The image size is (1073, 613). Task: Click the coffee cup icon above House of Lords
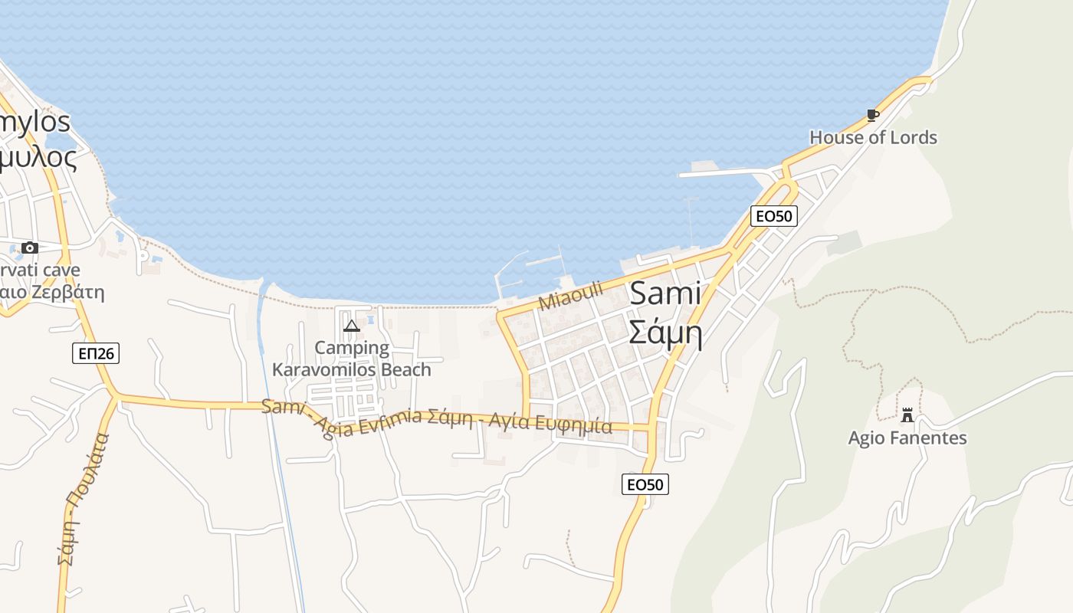coord(872,116)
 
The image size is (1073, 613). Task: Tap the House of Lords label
coord(873,138)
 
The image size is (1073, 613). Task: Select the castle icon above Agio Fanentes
coord(907,415)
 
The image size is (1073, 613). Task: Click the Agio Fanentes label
coord(907,438)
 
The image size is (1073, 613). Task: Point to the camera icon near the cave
coord(30,247)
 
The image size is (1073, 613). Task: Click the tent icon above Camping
coord(352,326)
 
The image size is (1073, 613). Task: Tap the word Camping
coord(352,349)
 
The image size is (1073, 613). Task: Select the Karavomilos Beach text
coord(352,369)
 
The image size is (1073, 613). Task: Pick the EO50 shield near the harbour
coord(774,216)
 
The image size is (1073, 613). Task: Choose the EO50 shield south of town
coord(645,484)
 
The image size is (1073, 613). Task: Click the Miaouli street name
coord(571,296)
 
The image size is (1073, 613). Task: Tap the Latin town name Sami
coord(665,295)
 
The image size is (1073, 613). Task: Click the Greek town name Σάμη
coord(665,333)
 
